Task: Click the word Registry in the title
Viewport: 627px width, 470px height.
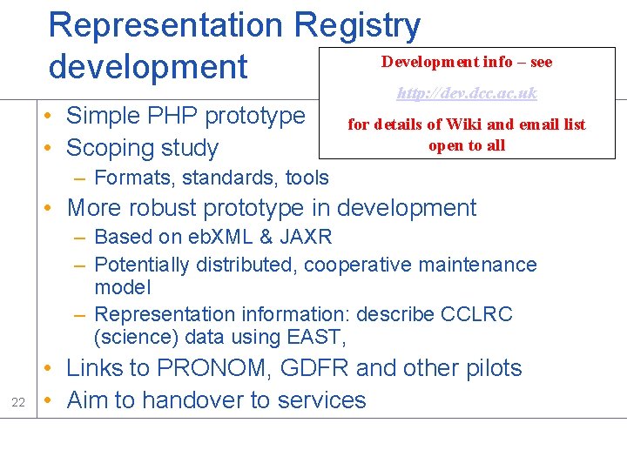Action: click(358, 26)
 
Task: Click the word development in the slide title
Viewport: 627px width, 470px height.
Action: click(148, 66)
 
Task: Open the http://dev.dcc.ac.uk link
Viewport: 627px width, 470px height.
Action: click(467, 93)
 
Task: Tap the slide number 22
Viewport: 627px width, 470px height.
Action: click(18, 401)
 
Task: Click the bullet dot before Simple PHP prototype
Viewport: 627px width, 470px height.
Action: click(53, 116)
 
